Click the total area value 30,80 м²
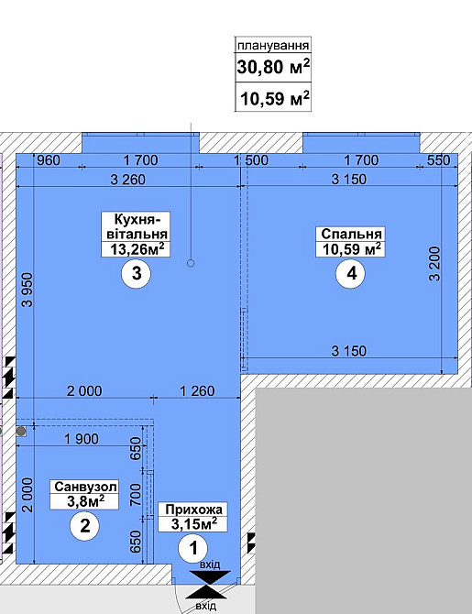(273, 67)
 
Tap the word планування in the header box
(273, 46)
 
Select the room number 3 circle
(137, 273)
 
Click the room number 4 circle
(351, 273)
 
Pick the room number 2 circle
(84, 525)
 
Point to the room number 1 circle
(193, 549)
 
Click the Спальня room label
(351, 234)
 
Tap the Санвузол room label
(85, 487)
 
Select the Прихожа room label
(193, 510)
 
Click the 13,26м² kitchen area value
(137, 249)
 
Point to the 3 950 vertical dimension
(27, 290)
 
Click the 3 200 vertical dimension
(434, 264)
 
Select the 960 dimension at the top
(49, 160)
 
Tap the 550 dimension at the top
(438, 160)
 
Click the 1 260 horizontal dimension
(197, 390)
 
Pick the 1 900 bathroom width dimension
(82, 439)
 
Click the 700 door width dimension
(135, 495)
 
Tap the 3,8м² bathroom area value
(85, 501)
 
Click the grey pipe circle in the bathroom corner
(21, 432)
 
